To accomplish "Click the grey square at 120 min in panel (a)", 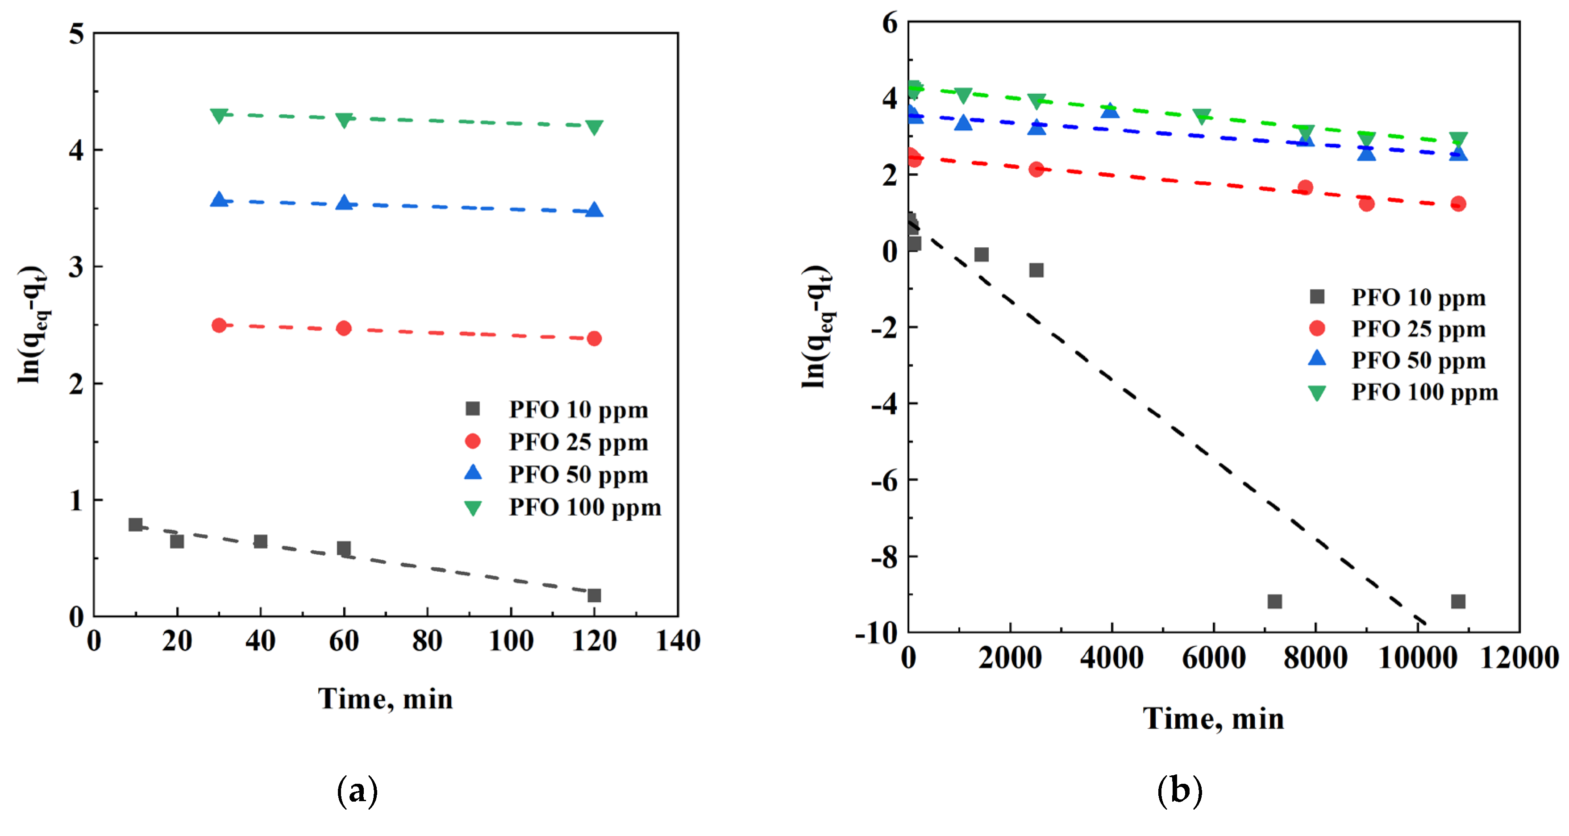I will coord(594,595).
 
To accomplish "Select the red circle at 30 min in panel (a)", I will coord(219,325).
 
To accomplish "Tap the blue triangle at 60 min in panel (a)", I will coord(344,203).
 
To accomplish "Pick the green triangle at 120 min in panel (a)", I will coord(594,127).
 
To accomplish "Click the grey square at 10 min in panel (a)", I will coord(135,524).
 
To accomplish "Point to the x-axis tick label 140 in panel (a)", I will coord(677,641).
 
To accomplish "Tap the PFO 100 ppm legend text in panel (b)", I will coord(1424,392).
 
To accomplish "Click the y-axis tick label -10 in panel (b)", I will coord(877,633).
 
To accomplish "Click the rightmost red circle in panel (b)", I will coord(1457,204).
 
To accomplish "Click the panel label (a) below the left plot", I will coord(357,791).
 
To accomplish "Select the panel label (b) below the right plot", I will coord(1179,791).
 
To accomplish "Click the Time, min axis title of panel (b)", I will coord(1213,719).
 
